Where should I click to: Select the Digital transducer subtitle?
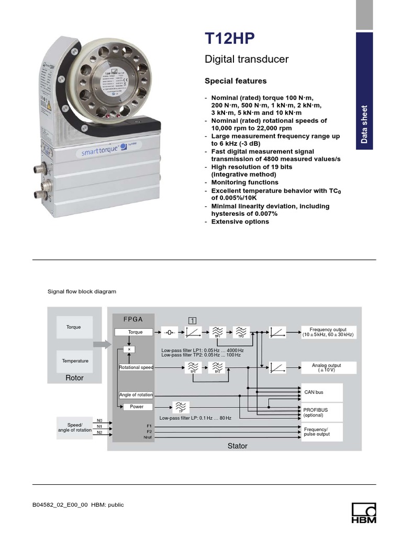coord(246,60)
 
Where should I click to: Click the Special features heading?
coord(235,81)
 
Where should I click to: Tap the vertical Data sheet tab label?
coord(364,124)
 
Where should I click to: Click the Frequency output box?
coord(328,332)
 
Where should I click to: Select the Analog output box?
coord(328,368)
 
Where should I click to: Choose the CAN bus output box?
coord(321,392)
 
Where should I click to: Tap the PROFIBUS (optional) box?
coord(321,412)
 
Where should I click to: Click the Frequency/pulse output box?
coord(321,432)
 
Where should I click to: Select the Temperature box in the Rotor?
coord(75,361)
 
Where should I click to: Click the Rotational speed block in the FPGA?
coord(136,368)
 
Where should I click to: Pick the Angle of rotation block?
coord(136,395)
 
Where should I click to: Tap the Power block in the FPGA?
coord(136,407)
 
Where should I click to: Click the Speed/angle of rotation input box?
coord(74,427)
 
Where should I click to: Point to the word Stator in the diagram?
coord(237,446)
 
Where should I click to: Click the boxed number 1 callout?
coord(193,320)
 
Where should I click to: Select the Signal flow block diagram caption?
coord(82,292)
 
